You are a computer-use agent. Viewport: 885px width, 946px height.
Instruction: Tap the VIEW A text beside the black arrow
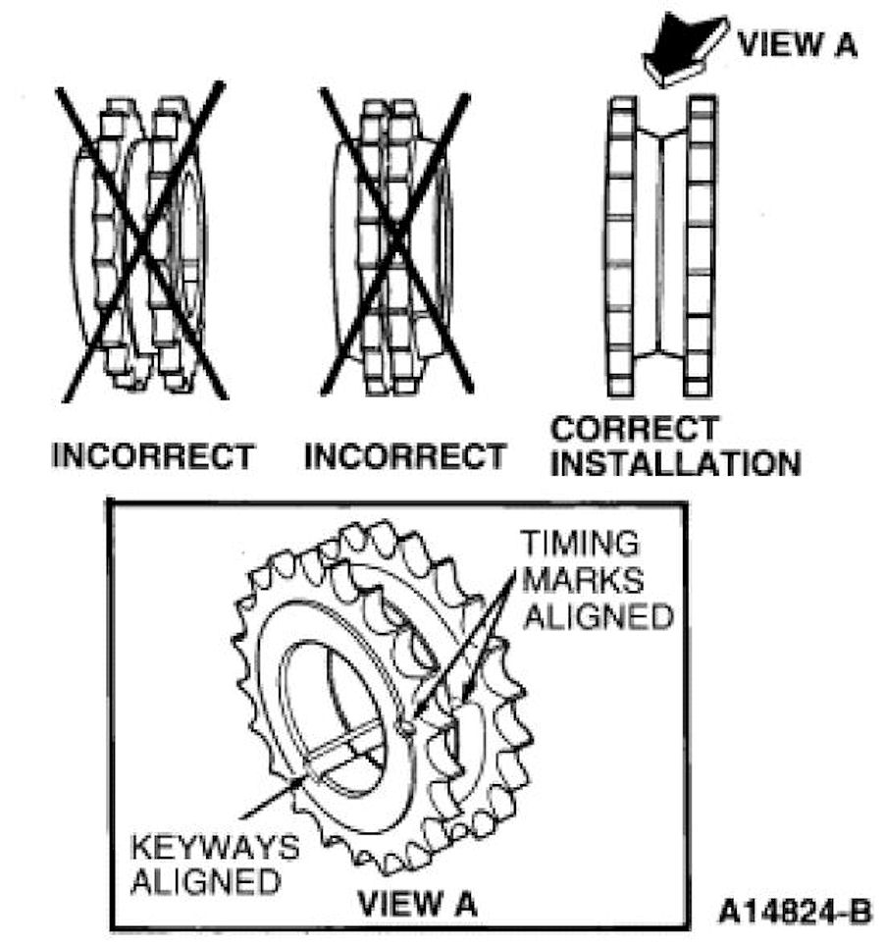point(797,44)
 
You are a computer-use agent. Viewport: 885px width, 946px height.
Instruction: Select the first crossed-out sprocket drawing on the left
point(141,242)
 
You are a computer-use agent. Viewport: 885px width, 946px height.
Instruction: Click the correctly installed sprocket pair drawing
point(661,245)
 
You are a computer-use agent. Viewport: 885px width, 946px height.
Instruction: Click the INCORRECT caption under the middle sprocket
point(405,456)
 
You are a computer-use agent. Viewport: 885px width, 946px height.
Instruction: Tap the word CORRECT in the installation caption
point(635,430)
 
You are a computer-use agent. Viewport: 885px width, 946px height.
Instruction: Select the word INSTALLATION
point(675,462)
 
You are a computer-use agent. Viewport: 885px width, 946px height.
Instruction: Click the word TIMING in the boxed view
point(579,544)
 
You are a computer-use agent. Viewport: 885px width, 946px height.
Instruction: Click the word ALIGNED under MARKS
point(597,615)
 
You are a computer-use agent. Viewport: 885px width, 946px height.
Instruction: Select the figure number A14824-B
point(795,912)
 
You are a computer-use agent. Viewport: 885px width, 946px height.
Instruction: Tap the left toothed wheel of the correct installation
point(619,245)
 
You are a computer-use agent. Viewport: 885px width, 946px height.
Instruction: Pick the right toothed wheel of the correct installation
point(700,245)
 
